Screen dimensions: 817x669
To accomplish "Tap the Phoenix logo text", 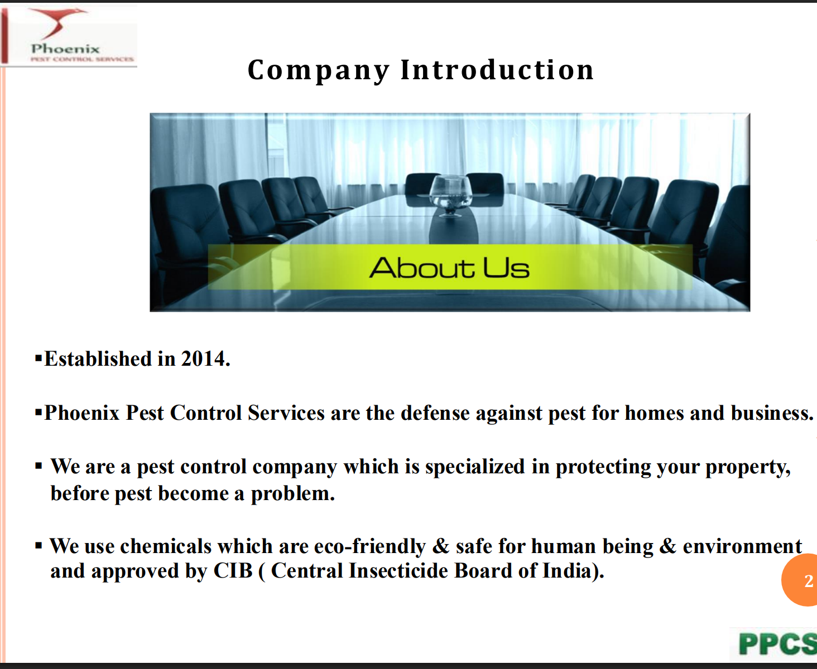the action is (x=65, y=49).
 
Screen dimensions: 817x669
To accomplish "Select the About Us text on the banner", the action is (x=449, y=268).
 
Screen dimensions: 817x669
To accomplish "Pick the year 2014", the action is (x=205, y=358).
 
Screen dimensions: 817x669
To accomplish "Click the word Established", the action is (x=98, y=358).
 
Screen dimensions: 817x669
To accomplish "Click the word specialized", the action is (x=475, y=467).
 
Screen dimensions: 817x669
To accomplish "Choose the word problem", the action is (x=293, y=493).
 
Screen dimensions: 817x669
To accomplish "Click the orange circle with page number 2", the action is (x=800, y=580).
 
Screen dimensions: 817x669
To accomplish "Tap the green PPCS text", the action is (x=777, y=644).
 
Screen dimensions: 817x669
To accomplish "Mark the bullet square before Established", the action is (x=39, y=358).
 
